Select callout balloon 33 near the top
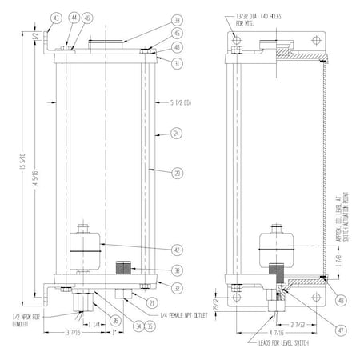coord(177,20)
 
